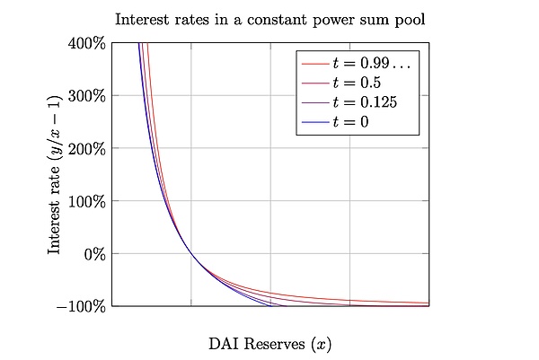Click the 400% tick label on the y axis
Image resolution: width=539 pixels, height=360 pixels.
tap(89, 42)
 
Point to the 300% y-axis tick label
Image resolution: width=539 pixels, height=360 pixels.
tap(89, 95)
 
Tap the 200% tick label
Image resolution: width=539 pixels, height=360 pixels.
tap(89, 148)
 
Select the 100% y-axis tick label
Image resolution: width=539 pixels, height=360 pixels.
tap(89, 201)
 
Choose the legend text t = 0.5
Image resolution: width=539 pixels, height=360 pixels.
tap(361, 83)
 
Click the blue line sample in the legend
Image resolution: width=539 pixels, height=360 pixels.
tap(314, 120)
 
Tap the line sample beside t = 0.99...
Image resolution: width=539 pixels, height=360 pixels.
tap(314, 64)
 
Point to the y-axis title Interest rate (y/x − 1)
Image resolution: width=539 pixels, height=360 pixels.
tap(55, 174)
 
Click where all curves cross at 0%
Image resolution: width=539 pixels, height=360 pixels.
tap(191, 253)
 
